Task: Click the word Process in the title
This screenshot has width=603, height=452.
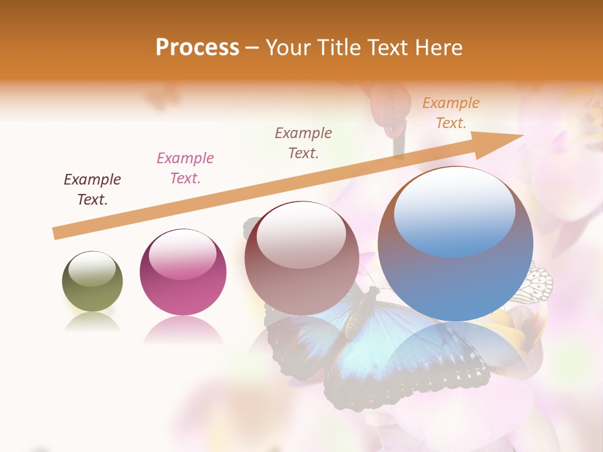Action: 197,48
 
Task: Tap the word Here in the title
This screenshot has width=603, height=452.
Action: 437,48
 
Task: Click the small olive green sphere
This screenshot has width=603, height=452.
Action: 92,282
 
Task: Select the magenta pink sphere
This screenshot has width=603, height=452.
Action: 183,272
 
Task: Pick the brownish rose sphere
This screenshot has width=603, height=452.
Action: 301,259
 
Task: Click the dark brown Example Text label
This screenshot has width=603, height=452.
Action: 92,190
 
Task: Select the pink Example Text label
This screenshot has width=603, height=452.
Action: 185,168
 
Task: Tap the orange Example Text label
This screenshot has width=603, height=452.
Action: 451,113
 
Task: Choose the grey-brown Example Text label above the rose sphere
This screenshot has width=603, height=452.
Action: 303,143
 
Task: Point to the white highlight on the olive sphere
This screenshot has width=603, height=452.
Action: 92,269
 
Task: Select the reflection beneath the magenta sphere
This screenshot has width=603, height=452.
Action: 183,330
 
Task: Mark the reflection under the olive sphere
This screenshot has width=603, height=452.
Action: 92,322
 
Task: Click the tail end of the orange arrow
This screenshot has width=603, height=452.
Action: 57,234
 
